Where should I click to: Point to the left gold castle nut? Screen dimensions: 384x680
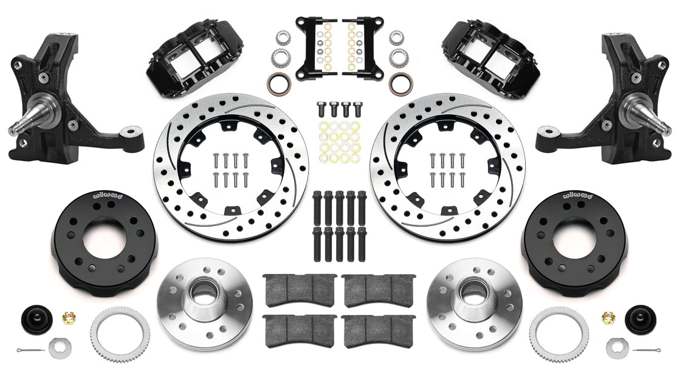[69, 317]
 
